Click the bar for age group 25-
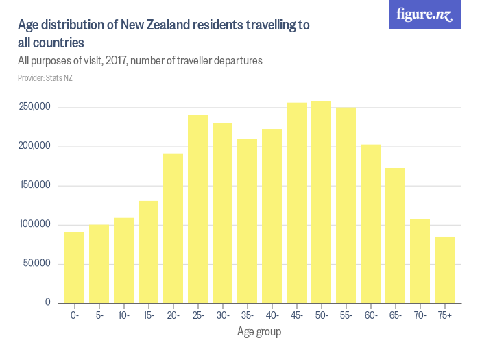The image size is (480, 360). coord(197,209)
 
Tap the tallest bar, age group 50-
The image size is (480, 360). coord(321,202)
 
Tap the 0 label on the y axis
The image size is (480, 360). coord(48,302)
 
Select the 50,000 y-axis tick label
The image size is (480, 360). coord(36,263)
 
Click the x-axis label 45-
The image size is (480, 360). coord(296,315)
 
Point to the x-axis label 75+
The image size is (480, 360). coord(444,315)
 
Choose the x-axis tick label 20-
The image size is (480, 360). coord(173,315)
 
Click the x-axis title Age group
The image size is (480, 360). coord(259,332)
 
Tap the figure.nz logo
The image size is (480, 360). coord(425,14)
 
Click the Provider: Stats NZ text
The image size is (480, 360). coord(45,78)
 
